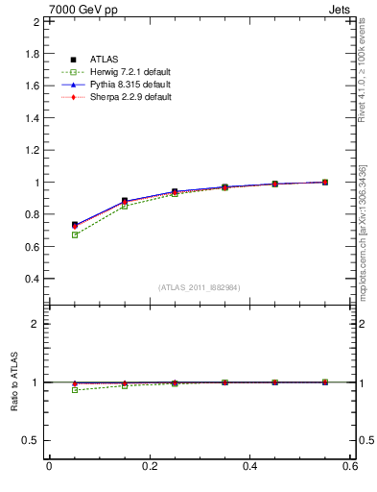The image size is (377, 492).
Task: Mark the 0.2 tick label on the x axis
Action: point(149,466)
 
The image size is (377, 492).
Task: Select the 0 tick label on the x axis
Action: point(49,466)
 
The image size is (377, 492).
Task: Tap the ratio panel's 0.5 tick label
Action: point(32,440)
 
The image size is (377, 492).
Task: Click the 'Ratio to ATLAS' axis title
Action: point(13,382)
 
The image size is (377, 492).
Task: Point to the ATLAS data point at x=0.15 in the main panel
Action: point(125,201)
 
